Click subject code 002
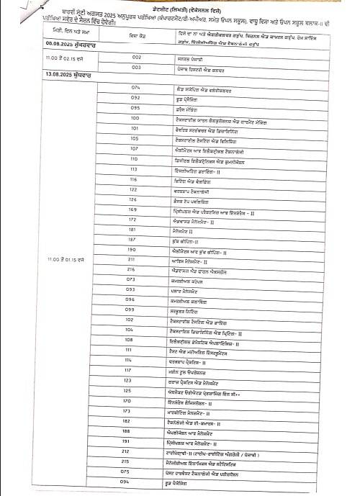(135, 56)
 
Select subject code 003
(135, 66)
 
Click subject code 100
(135, 117)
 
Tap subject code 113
(135, 168)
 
